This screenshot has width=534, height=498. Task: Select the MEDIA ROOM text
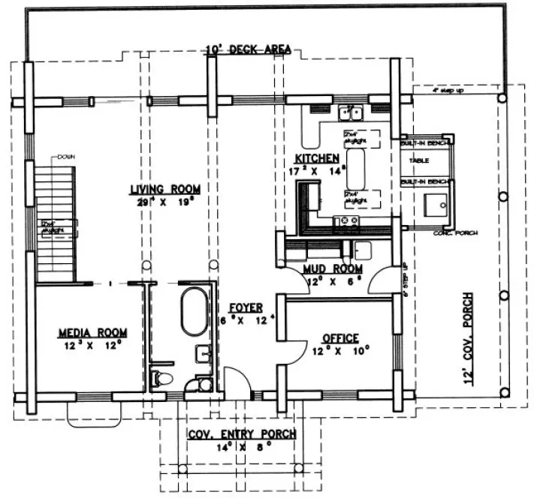point(92,332)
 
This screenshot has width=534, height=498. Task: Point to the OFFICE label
point(339,338)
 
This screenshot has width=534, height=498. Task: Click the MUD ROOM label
point(333,268)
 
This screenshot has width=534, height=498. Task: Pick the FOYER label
point(245,307)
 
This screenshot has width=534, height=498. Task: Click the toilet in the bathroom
point(161,377)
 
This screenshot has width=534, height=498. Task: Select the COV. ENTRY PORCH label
point(241,433)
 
